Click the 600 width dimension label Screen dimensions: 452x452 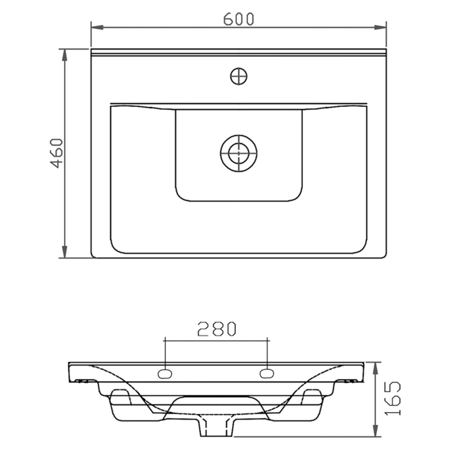coord(239,19)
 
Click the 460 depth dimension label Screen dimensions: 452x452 coord(56,153)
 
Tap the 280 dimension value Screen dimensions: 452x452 coord(217,329)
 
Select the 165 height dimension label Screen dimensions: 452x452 coord(393,398)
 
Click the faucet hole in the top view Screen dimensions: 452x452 coord(239,76)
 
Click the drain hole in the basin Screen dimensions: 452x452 coord(239,153)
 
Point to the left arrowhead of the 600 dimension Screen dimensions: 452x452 coord(97,27)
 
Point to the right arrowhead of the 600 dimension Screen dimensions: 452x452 coord(380,27)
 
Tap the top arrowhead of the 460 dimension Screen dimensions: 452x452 coord(65,55)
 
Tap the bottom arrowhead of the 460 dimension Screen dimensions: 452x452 coord(65,252)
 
